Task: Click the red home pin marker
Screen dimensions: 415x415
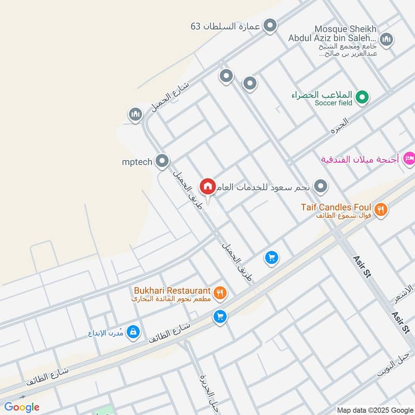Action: point(208,186)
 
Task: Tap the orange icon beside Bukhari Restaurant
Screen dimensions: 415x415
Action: point(220,293)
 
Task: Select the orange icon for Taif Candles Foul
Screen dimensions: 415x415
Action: point(381,210)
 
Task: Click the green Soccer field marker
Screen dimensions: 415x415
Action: point(364,96)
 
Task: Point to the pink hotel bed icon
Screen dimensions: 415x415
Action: point(409,158)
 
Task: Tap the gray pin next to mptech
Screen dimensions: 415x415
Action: point(163,161)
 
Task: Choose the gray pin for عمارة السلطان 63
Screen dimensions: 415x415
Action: point(270,25)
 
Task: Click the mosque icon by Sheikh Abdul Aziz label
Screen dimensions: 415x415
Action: point(386,39)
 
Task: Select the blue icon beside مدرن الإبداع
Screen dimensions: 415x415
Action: point(133,331)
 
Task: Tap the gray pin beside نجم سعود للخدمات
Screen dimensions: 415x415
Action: point(322,186)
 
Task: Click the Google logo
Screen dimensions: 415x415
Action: point(22,407)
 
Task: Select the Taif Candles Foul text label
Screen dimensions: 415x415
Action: point(336,208)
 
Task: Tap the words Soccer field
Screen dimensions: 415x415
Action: point(333,103)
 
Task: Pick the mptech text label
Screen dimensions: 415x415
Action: point(137,162)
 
